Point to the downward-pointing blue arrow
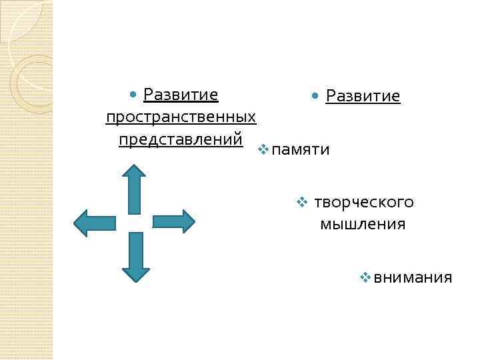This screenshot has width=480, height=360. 135,256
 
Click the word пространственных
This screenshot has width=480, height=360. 181,117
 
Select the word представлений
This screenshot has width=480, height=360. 181,140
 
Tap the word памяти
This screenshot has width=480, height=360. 301,149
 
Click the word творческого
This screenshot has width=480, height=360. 364,202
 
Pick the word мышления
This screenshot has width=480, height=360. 363,224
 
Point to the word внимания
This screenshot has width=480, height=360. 413,277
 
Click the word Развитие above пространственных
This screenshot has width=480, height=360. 181,95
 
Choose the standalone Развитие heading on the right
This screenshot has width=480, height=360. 363,97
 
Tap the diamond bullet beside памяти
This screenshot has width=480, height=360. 264,149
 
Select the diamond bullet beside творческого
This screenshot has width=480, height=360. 302,201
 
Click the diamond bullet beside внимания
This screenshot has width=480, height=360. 365,276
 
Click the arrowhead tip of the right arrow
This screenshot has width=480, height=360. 194,221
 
